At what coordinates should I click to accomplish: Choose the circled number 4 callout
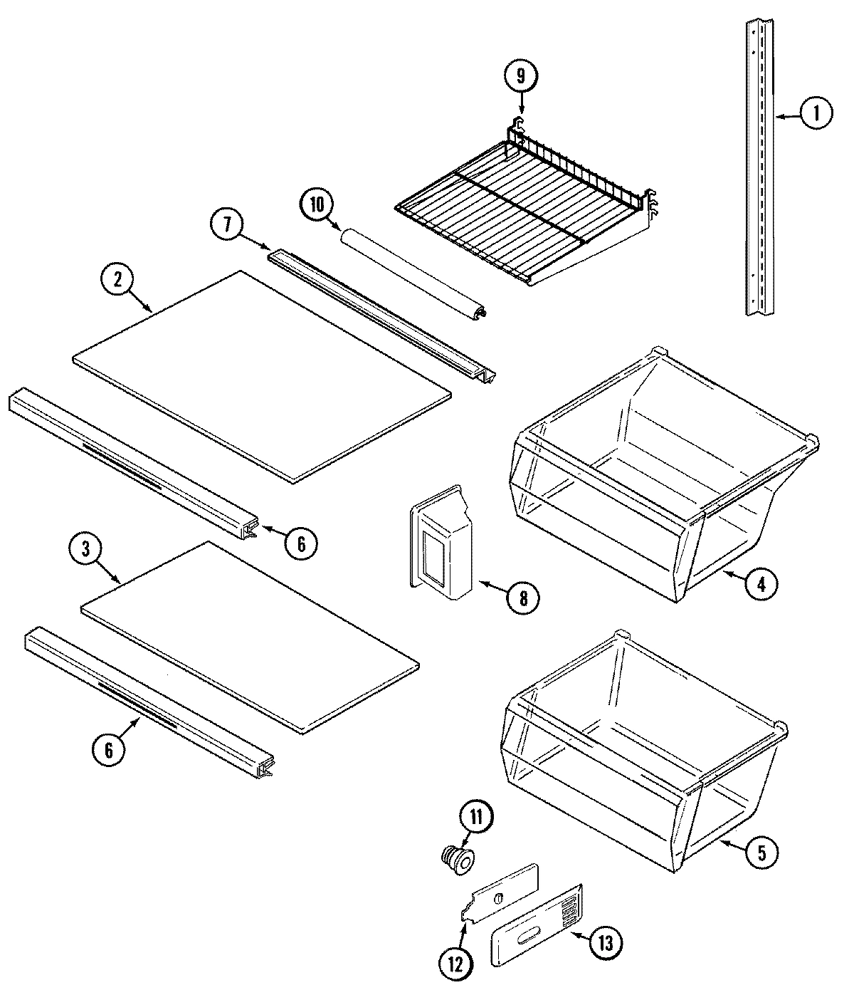(x=761, y=584)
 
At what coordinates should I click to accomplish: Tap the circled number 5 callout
(x=761, y=852)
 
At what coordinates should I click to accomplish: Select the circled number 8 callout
(x=523, y=598)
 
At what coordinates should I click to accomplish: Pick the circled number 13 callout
(x=603, y=943)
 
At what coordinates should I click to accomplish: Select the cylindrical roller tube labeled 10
(x=413, y=276)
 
